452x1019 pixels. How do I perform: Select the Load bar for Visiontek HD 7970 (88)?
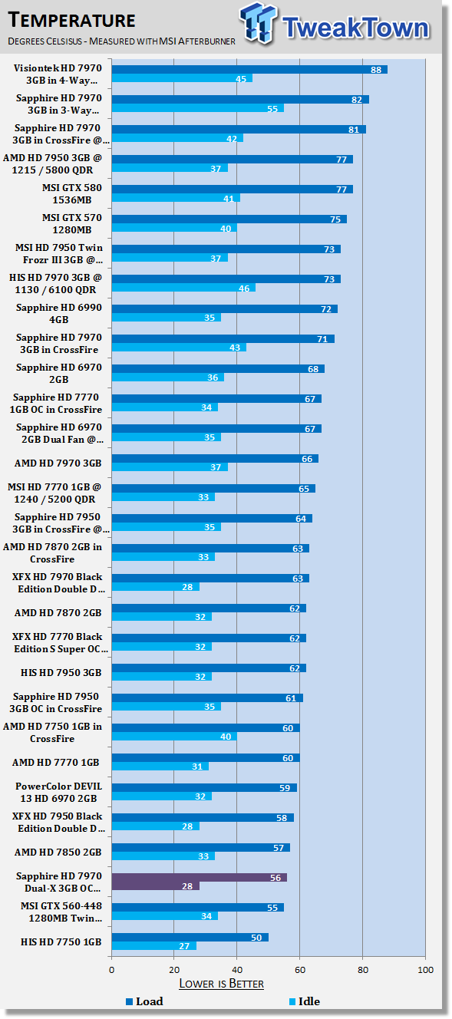(249, 69)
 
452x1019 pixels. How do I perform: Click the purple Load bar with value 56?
(200, 877)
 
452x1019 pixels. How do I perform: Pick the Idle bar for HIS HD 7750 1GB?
(154, 946)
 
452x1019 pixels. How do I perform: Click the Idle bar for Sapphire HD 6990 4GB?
(166, 318)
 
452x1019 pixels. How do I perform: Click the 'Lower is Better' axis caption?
(221, 984)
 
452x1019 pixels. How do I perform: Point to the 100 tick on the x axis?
(424, 970)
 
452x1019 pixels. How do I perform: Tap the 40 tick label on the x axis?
(236, 970)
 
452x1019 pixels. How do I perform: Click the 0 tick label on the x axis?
(112, 970)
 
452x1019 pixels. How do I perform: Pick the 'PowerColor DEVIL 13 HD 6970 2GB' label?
(58, 793)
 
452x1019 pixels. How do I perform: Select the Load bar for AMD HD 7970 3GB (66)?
(215, 459)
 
